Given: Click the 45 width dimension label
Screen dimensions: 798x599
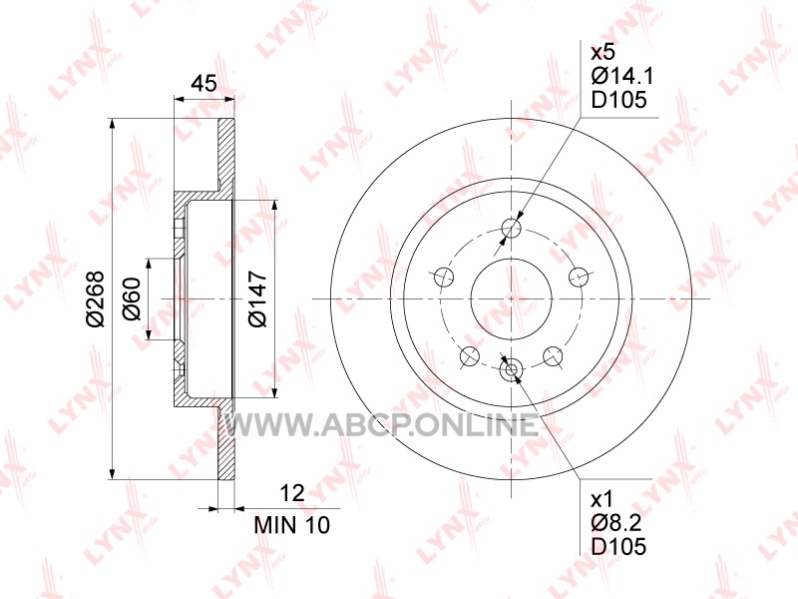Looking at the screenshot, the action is (204, 83).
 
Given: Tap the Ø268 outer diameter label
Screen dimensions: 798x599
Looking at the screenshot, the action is (95, 299).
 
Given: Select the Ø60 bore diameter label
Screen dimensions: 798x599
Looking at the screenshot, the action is (132, 299).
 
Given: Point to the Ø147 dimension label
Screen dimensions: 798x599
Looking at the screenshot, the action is (257, 299).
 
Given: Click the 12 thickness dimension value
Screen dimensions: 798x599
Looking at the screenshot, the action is (292, 493).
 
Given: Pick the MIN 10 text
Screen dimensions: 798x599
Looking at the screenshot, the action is (292, 525).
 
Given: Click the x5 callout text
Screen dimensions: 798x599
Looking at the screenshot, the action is (603, 52).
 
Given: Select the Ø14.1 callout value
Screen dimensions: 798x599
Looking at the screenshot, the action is (621, 77).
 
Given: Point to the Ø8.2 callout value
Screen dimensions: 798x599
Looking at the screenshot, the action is (615, 523).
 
